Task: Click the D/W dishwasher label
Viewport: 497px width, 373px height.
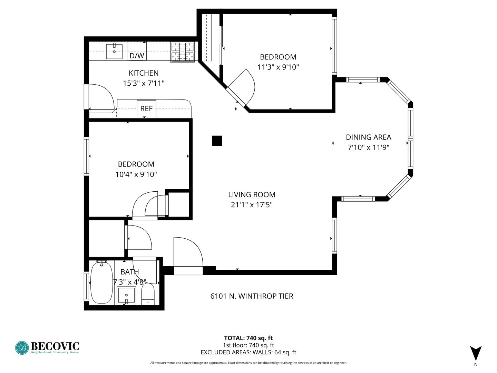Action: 137,56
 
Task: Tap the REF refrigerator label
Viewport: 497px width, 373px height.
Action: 146,109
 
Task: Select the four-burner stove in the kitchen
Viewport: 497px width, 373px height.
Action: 183,52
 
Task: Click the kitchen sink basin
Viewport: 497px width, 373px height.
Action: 114,51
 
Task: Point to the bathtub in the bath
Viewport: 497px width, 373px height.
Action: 101,282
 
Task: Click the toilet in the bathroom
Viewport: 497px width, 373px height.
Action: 148,294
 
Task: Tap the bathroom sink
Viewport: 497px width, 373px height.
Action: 126,296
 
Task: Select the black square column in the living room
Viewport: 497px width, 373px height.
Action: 217,141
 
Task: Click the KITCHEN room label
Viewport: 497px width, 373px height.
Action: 144,73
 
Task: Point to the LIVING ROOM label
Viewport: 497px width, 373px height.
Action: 252,195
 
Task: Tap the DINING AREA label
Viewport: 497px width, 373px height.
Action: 368,137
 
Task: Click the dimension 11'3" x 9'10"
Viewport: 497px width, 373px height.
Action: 278,67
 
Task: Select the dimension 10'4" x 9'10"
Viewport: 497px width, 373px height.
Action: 136,174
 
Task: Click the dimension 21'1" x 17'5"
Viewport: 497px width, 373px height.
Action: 252,205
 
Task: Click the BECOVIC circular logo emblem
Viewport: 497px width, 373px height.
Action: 22,348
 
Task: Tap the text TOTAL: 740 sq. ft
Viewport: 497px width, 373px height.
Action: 248,338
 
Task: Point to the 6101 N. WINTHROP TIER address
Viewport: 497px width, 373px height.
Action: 252,296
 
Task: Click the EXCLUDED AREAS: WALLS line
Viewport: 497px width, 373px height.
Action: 248,352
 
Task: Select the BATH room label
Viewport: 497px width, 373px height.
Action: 130,272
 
